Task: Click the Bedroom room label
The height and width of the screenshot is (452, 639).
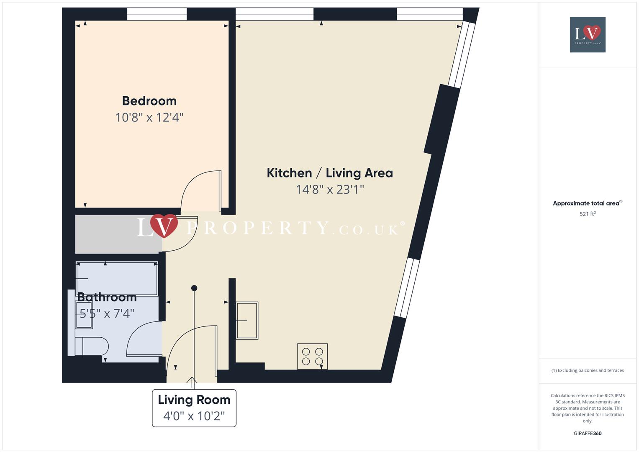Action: [149, 101]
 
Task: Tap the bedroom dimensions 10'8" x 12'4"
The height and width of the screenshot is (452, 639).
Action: [149, 117]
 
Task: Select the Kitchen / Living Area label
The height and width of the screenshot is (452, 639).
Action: [330, 173]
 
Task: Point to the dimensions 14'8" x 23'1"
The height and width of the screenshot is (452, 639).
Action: [330, 190]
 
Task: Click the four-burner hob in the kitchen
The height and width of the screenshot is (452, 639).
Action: [312, 357]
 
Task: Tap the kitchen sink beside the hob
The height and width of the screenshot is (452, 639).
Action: [247, 320]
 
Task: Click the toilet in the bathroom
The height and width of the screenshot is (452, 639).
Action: [92, 347]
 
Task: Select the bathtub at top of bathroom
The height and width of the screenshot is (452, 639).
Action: [117, 278]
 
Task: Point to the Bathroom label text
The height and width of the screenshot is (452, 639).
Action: [107, 297]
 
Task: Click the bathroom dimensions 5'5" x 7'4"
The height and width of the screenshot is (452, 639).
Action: [107, 313]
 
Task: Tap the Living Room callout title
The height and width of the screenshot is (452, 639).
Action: [194, 400]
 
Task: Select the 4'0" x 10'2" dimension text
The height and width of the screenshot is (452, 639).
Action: [194, 416]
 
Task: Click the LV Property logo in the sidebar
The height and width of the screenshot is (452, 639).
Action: [588, 34]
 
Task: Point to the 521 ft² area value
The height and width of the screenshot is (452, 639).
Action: [588, 214]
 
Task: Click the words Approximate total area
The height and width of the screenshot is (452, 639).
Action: [586, 203]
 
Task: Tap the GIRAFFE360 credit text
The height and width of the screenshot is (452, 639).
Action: [588, 434]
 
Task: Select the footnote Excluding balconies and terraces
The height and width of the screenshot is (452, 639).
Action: [588, 370]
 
